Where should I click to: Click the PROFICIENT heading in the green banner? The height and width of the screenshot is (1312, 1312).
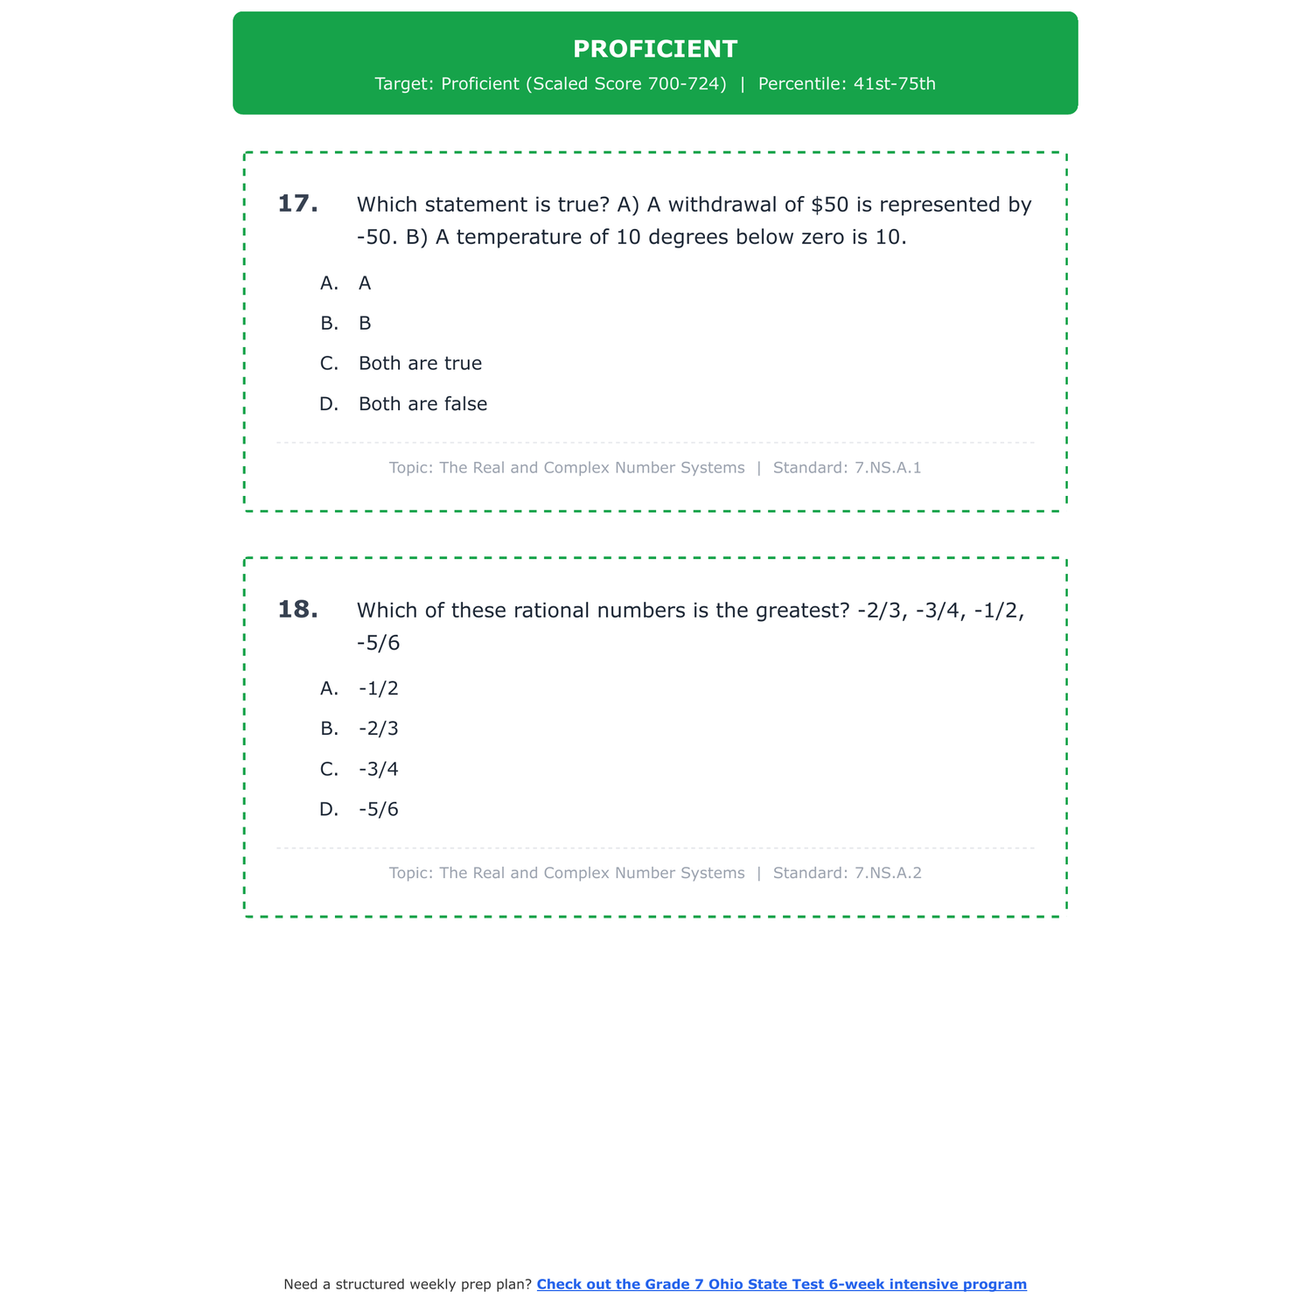coord(655,49)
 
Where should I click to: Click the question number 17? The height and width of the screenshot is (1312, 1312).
coord(297,204)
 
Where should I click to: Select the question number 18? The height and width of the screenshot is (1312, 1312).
coord(297,610)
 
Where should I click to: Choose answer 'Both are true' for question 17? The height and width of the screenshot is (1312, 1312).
coord(420,363)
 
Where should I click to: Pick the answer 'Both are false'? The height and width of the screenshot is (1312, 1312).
coord(422,404)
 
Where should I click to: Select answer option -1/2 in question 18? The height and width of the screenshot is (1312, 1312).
coord(379,688)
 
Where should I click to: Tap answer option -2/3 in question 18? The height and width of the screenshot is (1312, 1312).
coord(379,729)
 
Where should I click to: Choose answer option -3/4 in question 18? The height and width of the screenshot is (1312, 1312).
coord(379,769)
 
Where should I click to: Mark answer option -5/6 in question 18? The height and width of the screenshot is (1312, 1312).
coord(379,809)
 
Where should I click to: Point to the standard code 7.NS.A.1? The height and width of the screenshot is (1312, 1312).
coord(888,468)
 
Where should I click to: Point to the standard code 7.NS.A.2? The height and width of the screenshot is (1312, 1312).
coord(888,873)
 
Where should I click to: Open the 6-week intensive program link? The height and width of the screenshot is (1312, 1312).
coord(781,1284)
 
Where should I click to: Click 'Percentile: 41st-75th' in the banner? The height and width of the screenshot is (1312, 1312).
coord(847,84)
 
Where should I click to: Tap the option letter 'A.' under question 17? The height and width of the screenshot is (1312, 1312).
coord(329,283)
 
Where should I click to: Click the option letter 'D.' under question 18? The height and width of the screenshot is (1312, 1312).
coord(329,809)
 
